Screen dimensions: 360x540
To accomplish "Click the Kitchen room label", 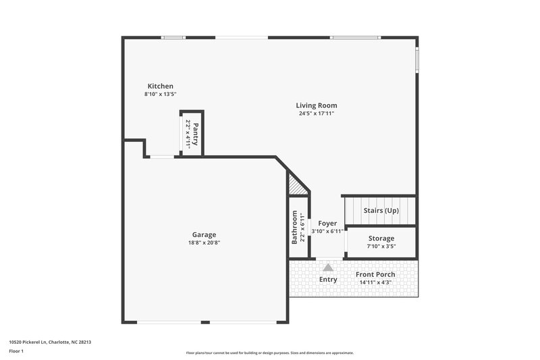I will point(161,86).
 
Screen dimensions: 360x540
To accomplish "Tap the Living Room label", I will point(317,105).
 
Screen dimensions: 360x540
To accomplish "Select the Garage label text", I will point(204,234).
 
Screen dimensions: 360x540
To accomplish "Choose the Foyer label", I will point(327,223).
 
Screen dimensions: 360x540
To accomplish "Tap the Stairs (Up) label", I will point(381,211).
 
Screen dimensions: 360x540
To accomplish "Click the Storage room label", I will point(381,238).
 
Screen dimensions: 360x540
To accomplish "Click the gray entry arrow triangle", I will point(328,267).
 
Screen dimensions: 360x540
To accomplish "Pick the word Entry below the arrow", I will point(328,280).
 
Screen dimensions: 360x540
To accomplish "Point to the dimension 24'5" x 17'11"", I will point(317,113).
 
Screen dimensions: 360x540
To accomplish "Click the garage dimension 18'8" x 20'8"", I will point(204,242).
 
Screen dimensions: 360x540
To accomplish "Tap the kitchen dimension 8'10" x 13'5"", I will point(161,94).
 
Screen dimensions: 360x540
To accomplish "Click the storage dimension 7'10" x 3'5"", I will point(381,247).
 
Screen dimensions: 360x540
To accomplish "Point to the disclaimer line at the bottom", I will point(269,353).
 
